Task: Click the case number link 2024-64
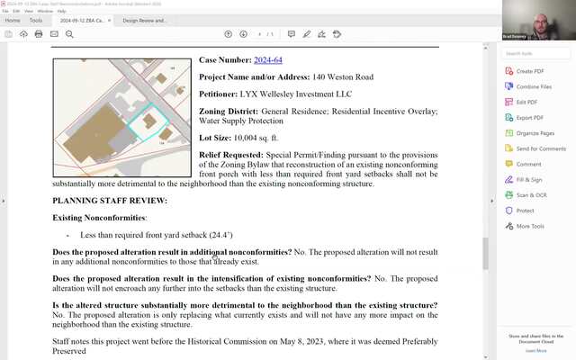(x=267, y=60)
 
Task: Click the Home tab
(x=13, y=20)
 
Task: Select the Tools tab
(x=36, y=20)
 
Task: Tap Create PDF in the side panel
(x=529, y=71)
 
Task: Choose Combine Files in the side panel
(x=533, y=86)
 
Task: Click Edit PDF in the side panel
(x=526, y=102)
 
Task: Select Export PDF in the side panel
(x=529, y=117)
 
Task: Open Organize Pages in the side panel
(x=535, y=133)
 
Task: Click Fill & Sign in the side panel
(x=529, y=180)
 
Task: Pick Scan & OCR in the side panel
(x=530, y=195)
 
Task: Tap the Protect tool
(x=525, y=211)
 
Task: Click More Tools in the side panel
(x=530, y=226)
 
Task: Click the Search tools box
(x=537, y=54)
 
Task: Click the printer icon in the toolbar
(x=39, y=34)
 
